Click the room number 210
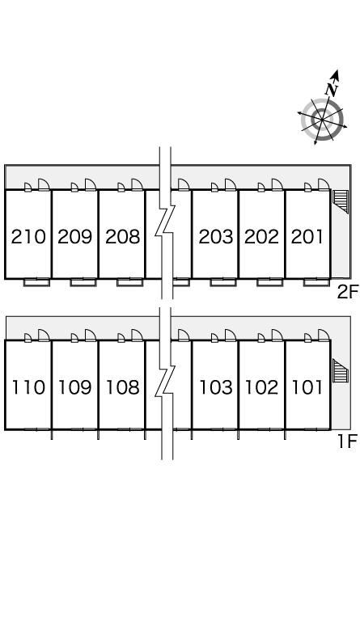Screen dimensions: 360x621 tap(28, 237)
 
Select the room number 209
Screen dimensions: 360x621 tap(75, 237)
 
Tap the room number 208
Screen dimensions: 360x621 tap(123, 237)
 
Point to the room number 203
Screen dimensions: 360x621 tap(216, 237)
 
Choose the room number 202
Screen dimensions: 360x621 tap(262, 237)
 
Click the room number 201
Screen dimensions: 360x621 tap(307, 237)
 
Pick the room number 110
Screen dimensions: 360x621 tap(28, 387)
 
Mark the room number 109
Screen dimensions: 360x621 tap(75, 387)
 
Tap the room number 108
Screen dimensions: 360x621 tap(123, 387)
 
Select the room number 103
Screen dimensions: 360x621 tap(216, 387)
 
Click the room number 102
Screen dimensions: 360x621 tap(262, 387)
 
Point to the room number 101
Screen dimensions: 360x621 tap(307, 387)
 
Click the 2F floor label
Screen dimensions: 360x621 tap(347, 292)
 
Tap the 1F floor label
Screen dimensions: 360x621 tap(348, 441)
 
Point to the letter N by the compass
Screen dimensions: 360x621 tap(332, 89)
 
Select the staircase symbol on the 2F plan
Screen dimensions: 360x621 tap(341, 201)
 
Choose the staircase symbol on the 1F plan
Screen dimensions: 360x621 tap(341, 370)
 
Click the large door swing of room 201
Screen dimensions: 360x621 tap(324, 185)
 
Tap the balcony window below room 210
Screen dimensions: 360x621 tap(37, 282)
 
